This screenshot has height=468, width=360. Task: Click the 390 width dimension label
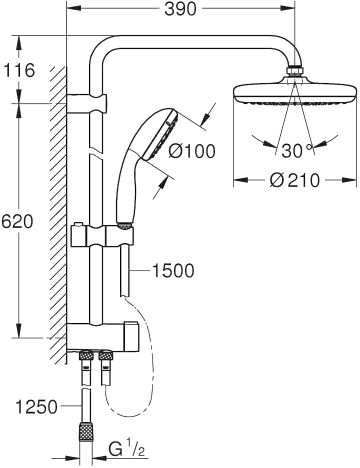pyautogui.click(x=180, y=9)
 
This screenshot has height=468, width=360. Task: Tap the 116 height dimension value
pyautogui.click(x=19, y=70)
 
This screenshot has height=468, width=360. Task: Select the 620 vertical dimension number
pyautogui.click(x=16, y=222)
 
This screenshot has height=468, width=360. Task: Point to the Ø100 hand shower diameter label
pyautogui.click(x=191, y=151)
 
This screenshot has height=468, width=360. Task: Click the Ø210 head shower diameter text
pyautogui.click(x=295, y=180)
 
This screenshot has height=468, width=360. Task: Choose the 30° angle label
pyautogui.click(x=296, y=150)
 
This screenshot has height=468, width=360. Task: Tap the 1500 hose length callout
pyautogui.click(x=173, y=270)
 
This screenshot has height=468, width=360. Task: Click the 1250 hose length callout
pyautogui.click(x=36, y=406)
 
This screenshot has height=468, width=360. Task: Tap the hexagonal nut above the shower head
pyautogui.click(x=295, y=70)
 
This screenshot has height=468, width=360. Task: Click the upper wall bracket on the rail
pyautogui.click(x=86, y=103)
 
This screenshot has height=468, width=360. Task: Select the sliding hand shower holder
pyautogui.click(x=102, y=236)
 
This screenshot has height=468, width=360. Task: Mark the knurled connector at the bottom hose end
pyautogui.click(x=86, y=431)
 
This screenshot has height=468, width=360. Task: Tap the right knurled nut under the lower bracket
pyautogui.click(x=105, y=356)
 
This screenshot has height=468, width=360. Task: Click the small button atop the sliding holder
pyautogui.click(x=78, y=224)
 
